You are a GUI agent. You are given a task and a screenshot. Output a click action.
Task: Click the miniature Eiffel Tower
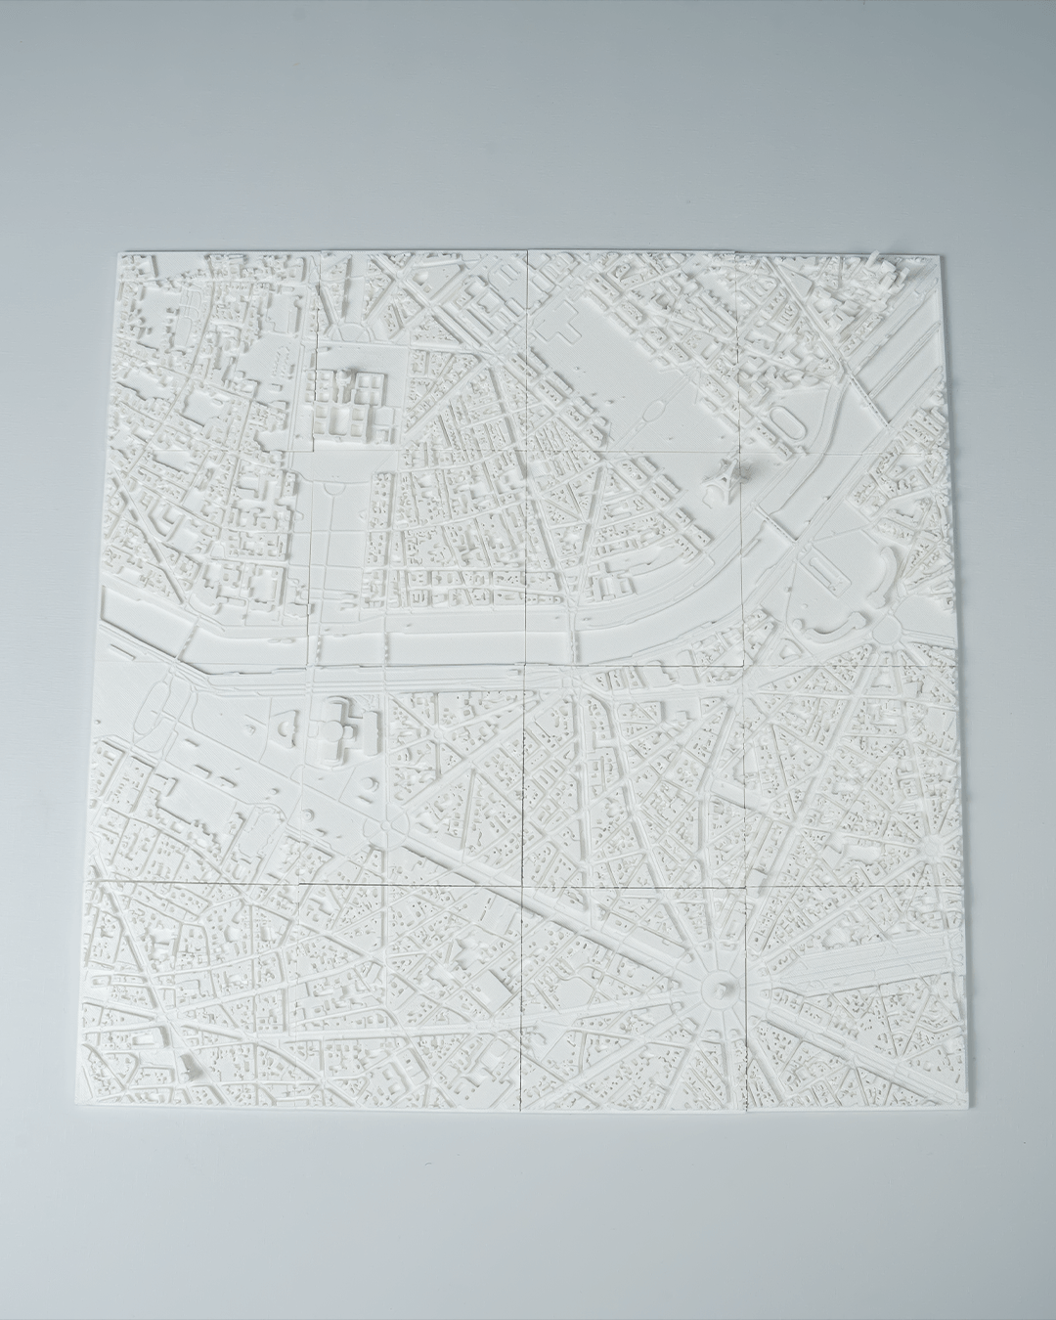click(x=721, y=476)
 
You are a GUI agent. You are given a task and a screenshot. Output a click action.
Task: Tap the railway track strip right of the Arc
click(x=860, y=963)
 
